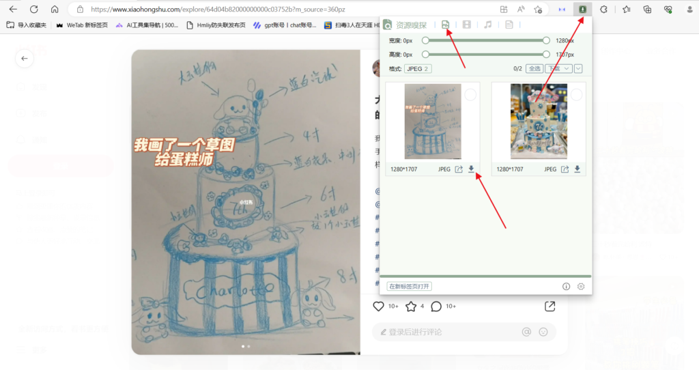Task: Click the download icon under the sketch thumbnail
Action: coord(471,169)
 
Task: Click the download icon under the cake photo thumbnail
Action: coord(577,169)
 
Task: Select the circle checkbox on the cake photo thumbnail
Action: coord(577,95)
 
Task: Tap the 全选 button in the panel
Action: coord(534,68)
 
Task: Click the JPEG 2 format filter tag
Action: coord(418,68)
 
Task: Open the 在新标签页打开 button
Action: coord(410,286)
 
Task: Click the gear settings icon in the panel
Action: coord(581,287)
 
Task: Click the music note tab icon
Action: coord(487,25)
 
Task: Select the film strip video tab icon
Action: coord(466,25)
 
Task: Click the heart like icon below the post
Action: coord(379,307)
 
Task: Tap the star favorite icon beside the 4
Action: coord(411,307)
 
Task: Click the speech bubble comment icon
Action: coord(436,307)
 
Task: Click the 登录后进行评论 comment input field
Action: coord(444,332)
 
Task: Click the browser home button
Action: coord(55,10)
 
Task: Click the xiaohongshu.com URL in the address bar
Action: coord(218,10)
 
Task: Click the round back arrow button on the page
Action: coord(25,59)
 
